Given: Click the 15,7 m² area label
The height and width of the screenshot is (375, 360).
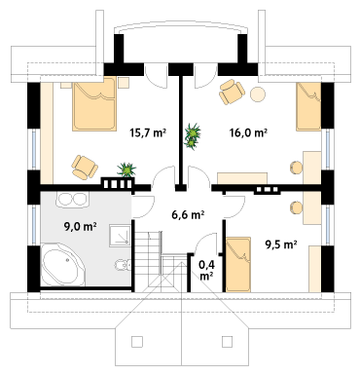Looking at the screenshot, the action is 148,132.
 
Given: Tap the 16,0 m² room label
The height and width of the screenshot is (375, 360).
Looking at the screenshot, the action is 248,132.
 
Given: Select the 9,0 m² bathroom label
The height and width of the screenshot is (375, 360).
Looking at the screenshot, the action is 80,227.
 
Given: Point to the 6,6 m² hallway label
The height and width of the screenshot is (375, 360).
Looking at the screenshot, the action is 188,214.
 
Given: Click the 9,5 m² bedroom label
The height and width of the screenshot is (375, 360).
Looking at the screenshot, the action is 281,244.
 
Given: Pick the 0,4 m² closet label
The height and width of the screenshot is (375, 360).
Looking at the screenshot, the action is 206,270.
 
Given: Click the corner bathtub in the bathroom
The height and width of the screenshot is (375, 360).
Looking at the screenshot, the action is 63,265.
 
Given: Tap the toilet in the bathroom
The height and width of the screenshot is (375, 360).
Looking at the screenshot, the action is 123,265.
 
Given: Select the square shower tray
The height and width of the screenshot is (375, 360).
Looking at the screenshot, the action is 120,235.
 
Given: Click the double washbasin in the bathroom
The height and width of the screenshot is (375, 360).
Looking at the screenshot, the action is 72,199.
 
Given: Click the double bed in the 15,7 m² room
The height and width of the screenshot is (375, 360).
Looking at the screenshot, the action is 94,103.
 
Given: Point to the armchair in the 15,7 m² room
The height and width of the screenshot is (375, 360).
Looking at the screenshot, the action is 85,168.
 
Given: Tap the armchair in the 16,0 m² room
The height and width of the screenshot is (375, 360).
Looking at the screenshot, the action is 232,92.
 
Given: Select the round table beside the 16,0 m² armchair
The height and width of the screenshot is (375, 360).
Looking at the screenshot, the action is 258,94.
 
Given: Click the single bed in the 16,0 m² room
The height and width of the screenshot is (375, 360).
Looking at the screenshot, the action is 308,106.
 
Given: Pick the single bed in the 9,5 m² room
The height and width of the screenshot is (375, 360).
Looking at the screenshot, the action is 238,264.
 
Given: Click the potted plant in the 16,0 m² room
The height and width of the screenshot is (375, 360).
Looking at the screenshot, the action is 193,136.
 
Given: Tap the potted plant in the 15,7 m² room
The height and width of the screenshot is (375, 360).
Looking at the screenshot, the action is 126,169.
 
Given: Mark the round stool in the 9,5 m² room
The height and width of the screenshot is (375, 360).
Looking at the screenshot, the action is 296,207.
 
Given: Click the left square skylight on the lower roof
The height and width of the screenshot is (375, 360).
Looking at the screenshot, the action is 137,342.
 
